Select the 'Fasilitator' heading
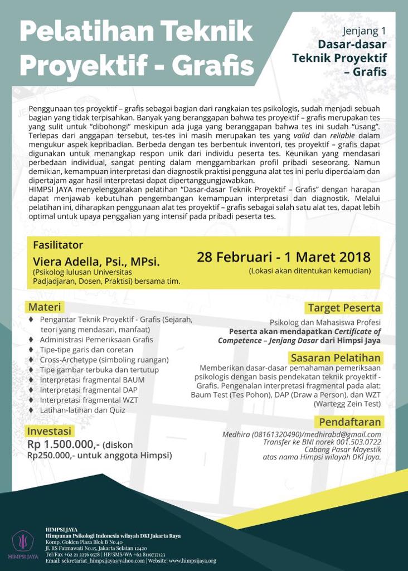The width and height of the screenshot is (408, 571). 58,245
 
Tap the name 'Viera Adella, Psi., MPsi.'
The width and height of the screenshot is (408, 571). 96,260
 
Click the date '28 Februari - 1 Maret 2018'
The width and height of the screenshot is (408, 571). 284,257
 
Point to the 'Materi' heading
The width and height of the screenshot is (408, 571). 45,307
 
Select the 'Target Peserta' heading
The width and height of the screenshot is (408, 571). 344,308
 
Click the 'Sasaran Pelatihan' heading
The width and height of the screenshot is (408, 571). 335,357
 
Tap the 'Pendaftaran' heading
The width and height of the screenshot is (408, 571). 349,422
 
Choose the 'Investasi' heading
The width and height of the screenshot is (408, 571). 50,431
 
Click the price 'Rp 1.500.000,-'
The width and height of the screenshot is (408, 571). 63,444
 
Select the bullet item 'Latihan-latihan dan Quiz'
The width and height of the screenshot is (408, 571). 82,410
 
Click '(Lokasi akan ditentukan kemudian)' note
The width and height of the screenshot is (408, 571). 310,271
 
